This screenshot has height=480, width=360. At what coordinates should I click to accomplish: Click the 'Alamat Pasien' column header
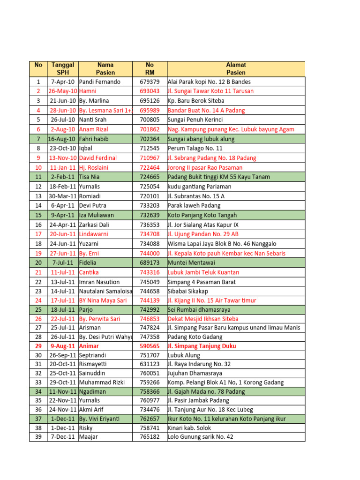tap(236, 68)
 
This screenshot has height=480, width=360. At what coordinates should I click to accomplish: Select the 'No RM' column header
tap(150, 68)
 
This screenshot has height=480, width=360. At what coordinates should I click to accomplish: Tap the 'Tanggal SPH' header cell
tap(62, 68)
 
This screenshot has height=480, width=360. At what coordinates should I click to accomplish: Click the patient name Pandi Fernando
tap(99, 82)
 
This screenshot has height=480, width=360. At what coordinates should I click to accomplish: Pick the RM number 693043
tap(150, 91)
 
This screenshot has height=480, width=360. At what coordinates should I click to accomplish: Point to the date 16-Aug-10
tap(62, 139)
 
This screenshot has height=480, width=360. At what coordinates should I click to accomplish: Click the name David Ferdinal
tap(98, 158)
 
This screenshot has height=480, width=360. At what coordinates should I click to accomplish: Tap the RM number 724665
tap(150, 177)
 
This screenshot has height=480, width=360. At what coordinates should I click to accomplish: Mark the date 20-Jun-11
tap(63, 234)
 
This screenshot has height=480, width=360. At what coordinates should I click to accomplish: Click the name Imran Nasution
tap(99, 282)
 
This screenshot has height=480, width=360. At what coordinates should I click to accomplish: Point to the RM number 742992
tap(150, 310)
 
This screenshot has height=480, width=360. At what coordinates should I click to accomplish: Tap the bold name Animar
tap(90, 346)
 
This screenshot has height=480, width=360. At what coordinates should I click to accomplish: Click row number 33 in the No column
tap(38, 382)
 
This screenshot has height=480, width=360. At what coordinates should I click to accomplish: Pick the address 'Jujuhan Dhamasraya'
tap(195, 373)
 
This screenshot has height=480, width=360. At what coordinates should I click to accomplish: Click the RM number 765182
tap(150, 437)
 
